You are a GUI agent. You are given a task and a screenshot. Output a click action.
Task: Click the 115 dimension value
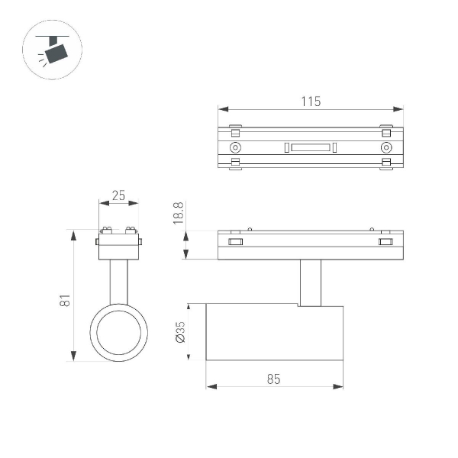tap(310, 101)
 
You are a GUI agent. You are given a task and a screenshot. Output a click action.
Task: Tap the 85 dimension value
tap(274, 378)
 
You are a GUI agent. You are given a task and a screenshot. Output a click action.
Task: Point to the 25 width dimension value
tap(118, 195)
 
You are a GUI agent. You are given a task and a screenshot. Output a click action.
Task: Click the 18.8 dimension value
tap(179, 214)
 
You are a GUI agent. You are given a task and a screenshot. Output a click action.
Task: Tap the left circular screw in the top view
tap(235, 147)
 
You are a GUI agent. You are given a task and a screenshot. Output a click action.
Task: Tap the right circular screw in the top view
tap(386, 147)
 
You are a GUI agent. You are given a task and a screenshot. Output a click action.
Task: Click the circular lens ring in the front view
tap(119, 332)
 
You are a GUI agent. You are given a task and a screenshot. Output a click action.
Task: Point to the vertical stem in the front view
tap(118, 282)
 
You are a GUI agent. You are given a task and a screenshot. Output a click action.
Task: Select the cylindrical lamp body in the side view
tap(274, 332)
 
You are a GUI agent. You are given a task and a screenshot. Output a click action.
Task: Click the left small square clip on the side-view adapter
tap(235, 243)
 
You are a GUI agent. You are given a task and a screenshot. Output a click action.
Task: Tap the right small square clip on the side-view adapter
tap(385, 243)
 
